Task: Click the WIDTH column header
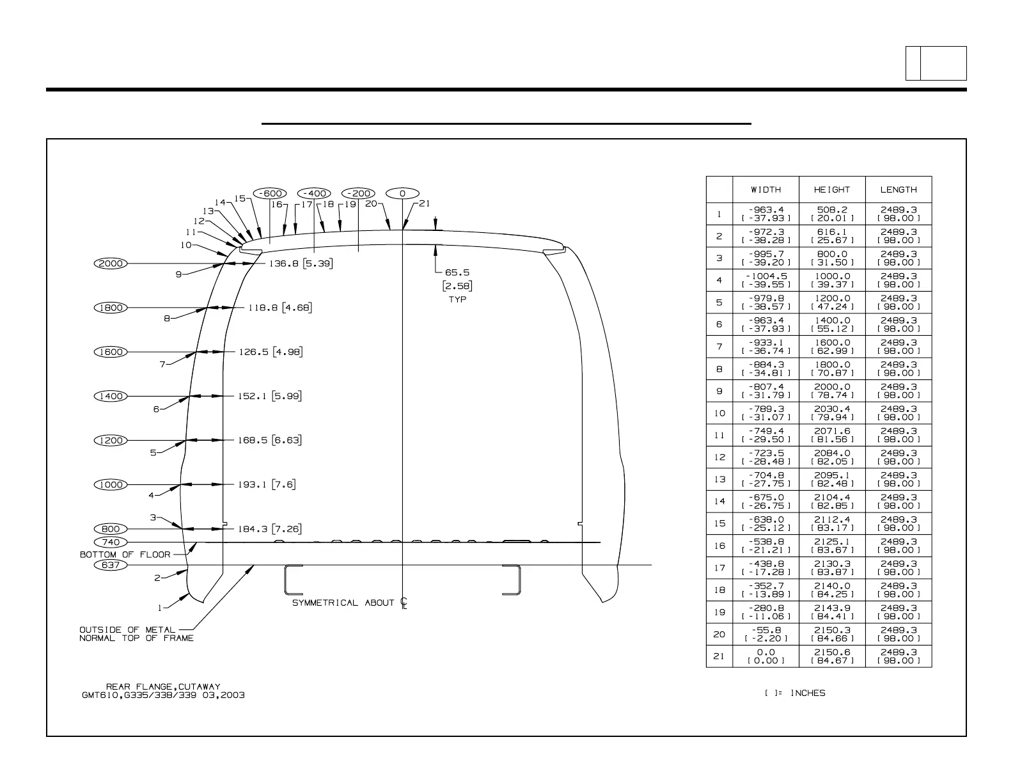pyautogui.click(x=766, y=189)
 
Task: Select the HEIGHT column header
pyautogui.click(x=832, y=189)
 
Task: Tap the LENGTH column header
pyautogui.click(x=899, y=189)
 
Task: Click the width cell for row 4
pyautogui.click(x=766, y=280)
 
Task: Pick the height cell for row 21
pyautogui.click(x=832, y=656)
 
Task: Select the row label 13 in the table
pyautogui.click(x=719, y=479)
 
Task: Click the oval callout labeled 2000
pyautogui.click(x=111, y=263)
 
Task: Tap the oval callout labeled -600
pyautogui.click(x=270, y=193)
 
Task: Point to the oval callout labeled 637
pyautogui.click(x=111, y=565)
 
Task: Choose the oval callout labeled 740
pyautogui.click(x=111, y=542)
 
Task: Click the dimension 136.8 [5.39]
pyautogui.click(x=301, y=263)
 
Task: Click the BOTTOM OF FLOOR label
pyautogui.click(x=125, y=555)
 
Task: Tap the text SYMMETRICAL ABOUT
pyautogui.click(x=343, y=603)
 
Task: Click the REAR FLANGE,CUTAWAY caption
pyautogui.click(x=163, y=686)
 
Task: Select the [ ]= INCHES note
pyautogui.click(x=795, y=693)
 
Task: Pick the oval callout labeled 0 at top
pyautogui.click(x=402, y=193)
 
